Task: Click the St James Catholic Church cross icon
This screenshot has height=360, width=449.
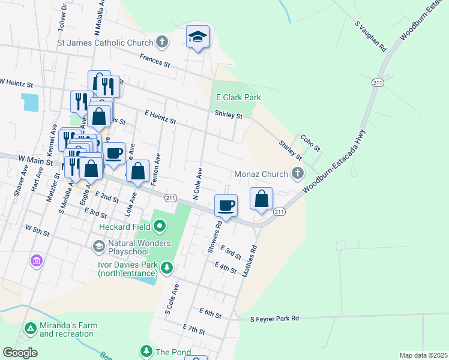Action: click(161, 42)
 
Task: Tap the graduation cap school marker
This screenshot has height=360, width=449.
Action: click(197, 37)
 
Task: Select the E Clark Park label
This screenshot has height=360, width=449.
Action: click(239, 97)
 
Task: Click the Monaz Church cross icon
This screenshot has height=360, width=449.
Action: click(297, 174)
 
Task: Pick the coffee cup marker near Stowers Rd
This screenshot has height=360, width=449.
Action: click(226, 205)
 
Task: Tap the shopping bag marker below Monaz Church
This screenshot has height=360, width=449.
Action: click(262, 199)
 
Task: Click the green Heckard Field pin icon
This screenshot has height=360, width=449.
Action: click(159, 227)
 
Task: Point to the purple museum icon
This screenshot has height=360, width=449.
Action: click(37, 261)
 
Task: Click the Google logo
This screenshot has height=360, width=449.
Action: click(20, 353)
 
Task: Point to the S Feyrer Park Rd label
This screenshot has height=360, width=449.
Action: click(274, 319)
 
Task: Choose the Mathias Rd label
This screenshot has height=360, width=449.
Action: click(250, 260)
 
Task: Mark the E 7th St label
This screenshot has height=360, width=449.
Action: click(194, 329)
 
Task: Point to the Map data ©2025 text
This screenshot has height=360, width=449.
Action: click(423, 355)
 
